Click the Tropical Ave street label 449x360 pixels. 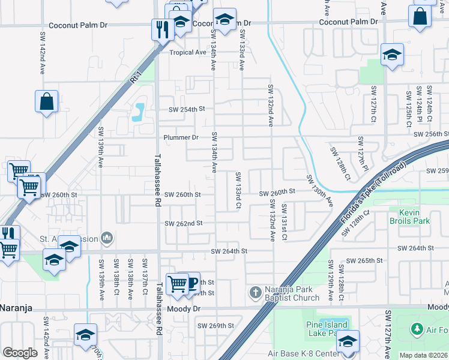(x=187, y=52)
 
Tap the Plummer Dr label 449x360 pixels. (x=181, y=137)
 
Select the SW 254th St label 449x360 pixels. (x=187, y=109)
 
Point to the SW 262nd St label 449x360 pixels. (x=184, y=223)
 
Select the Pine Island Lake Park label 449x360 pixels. (x=325, y=328)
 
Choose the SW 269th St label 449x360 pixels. (x=215, y=326)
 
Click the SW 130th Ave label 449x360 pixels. (x=319, y=191)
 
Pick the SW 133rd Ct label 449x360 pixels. (x=238, y=190)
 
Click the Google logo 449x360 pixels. (x=20, y=352)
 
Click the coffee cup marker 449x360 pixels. (x=191, y=282)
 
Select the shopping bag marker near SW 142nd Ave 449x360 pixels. (x=46, y=101)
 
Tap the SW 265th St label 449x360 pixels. (x=365, y=260)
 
